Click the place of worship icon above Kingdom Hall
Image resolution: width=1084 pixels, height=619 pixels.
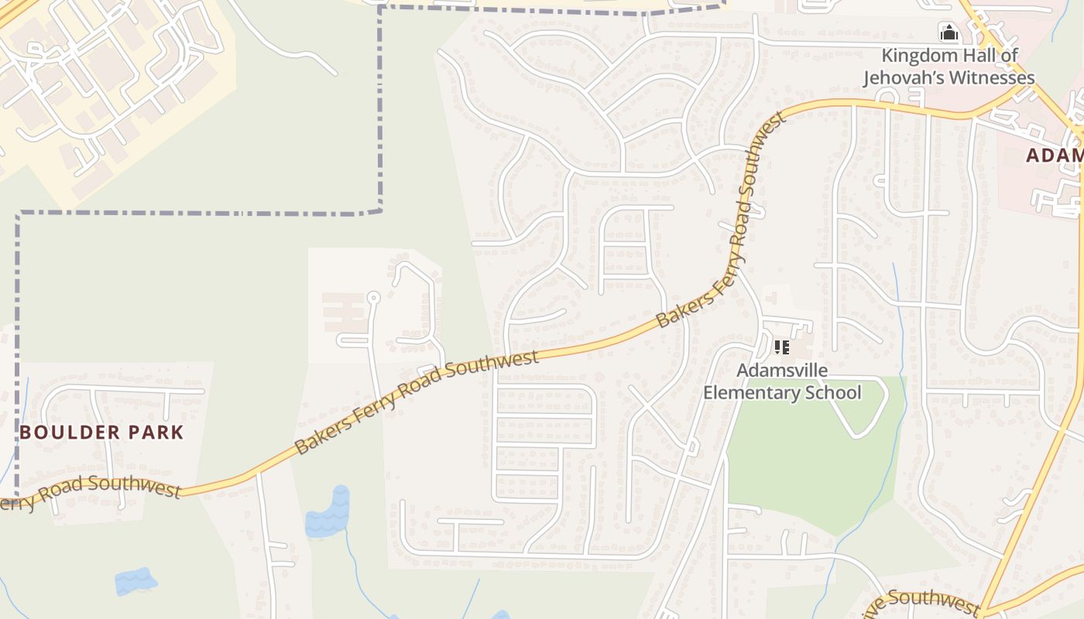pos(948,32)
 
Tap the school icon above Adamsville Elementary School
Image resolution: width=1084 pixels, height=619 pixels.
pos(782,347)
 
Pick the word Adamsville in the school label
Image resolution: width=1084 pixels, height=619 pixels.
pos(781,371)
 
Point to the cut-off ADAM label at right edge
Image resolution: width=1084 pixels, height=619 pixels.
pos(1054,156)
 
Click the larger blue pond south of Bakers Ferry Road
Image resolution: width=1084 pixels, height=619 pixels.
pos(328,515)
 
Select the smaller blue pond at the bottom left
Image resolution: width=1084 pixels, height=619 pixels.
pos(135,581)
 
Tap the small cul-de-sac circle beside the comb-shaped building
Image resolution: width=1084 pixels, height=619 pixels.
pos(373,297)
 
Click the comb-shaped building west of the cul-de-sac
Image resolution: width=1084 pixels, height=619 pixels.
pos(344,313)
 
